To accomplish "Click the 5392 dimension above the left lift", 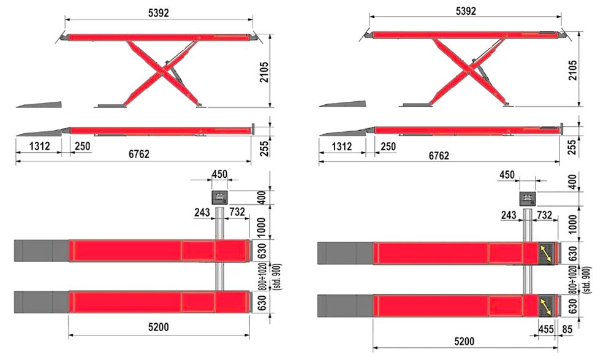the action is [159, 13].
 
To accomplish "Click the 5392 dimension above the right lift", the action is [466, 11].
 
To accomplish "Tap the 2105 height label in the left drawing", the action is [264, 72].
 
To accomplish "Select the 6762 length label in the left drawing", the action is [139, 154].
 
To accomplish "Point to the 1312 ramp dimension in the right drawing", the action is [342, 147].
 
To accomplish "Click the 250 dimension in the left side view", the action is [82, 146].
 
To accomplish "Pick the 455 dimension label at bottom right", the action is [545, 329].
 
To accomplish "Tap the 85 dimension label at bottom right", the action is [567, 329].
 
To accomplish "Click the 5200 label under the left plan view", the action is [159, 327].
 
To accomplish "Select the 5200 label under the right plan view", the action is [464, 341].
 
